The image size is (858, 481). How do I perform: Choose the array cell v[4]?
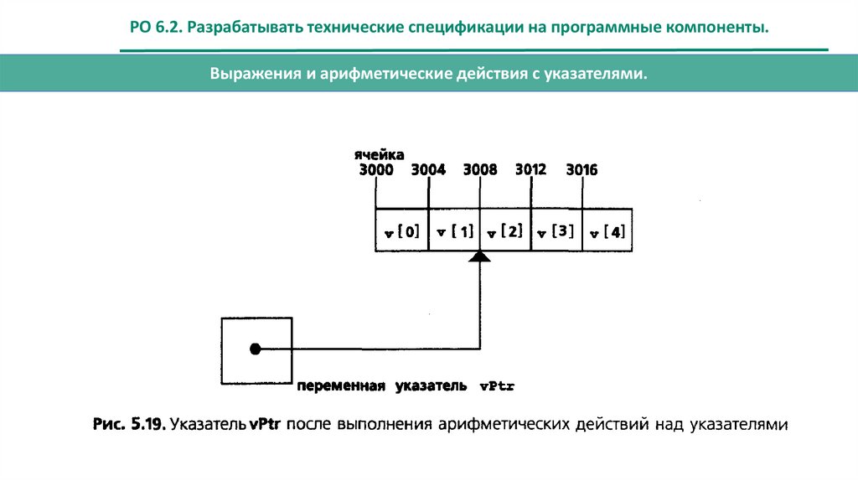tap(607, 232)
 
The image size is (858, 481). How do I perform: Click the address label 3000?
tap(375, 170)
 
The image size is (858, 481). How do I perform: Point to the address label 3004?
tap(428, 170)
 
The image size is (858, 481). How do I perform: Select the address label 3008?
tap(480, 170)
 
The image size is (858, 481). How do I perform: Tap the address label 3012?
tap(530, 169)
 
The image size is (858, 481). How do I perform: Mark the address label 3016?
tap(581, 170)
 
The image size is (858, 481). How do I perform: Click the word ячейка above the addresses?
tap(379, 155)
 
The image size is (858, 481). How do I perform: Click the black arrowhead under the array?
tap(479, 256)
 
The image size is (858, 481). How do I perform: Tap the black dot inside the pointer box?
tap(256, 348)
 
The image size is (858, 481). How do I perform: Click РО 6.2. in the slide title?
tap(156, 28)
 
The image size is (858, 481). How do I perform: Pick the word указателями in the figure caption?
tap(740, 425)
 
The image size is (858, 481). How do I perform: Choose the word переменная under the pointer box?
tap(339, 386)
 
